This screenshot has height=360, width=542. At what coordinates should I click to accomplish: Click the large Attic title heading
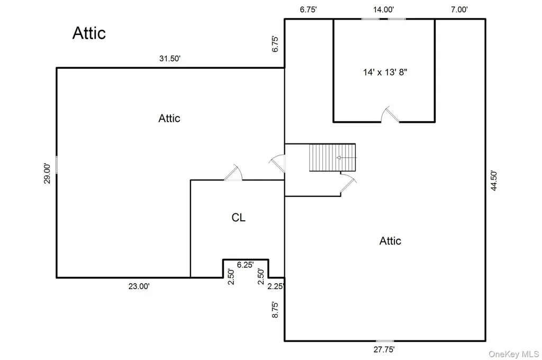point(89,33)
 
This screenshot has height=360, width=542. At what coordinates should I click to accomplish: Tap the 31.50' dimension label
point(170,58)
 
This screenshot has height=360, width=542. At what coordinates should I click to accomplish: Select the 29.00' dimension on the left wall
point(47,173)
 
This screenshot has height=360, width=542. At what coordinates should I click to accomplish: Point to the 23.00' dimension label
point(139,286)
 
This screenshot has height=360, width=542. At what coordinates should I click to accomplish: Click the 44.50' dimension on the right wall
point(494,180)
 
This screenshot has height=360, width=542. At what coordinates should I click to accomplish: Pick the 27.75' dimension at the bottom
point(384,349)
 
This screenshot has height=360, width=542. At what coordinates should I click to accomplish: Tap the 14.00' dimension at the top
point(383,10)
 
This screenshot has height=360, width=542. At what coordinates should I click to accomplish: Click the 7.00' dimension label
point(459,10)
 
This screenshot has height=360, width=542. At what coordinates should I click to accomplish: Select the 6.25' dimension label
point(245,265)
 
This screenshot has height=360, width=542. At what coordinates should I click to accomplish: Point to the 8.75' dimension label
point(275,310)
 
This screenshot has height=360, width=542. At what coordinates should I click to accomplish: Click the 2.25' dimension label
point(276,286)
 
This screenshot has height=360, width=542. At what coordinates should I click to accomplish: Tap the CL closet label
point(239,218)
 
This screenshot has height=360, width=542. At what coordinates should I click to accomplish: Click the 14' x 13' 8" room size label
point(385,72)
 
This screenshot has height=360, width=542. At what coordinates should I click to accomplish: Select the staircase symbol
point(332,158)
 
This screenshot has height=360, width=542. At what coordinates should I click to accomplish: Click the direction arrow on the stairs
point(346,158)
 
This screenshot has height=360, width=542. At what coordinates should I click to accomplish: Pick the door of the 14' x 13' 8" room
point(390,114)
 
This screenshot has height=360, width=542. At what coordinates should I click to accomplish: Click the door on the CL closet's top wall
point(233,172)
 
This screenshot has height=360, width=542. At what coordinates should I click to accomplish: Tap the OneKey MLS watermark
point(513,354)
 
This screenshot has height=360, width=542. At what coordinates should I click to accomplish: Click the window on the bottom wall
point(385,341)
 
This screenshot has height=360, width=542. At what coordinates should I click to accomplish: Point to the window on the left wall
point(57,165)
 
